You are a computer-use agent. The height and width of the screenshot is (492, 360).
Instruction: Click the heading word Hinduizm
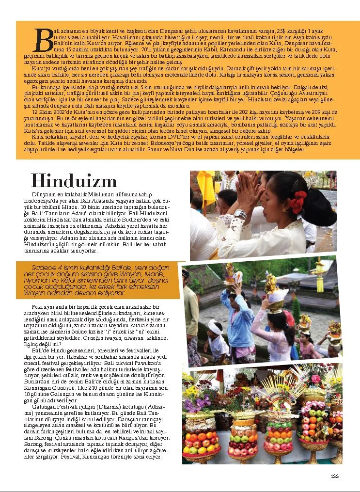74,181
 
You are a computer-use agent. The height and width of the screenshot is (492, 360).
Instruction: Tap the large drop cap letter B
44,40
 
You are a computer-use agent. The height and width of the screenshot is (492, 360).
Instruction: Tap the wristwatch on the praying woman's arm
240,214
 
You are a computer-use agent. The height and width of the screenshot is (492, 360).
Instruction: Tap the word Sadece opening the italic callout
42,268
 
